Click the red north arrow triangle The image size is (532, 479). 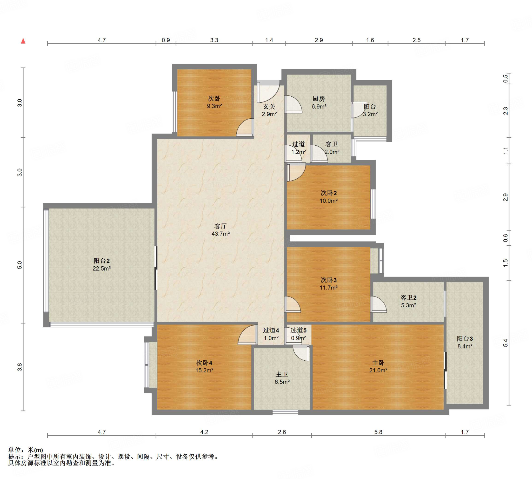23,41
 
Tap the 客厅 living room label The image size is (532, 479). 221,226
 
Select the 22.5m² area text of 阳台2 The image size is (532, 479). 101,268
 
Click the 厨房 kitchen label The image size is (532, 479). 319,99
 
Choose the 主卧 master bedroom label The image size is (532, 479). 378,363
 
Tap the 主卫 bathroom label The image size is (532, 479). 282,374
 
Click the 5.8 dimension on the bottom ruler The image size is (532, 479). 378,432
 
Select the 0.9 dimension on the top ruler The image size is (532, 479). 166,40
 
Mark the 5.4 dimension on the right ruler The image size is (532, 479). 506,343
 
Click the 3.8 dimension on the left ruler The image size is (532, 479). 20,367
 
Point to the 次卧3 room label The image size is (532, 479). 328,280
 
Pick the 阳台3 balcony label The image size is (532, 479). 465,339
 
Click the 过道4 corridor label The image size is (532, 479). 271,330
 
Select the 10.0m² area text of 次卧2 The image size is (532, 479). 329,200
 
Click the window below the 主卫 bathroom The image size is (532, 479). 285,412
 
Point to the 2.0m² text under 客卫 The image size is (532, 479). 332,152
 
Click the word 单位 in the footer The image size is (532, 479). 15,450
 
